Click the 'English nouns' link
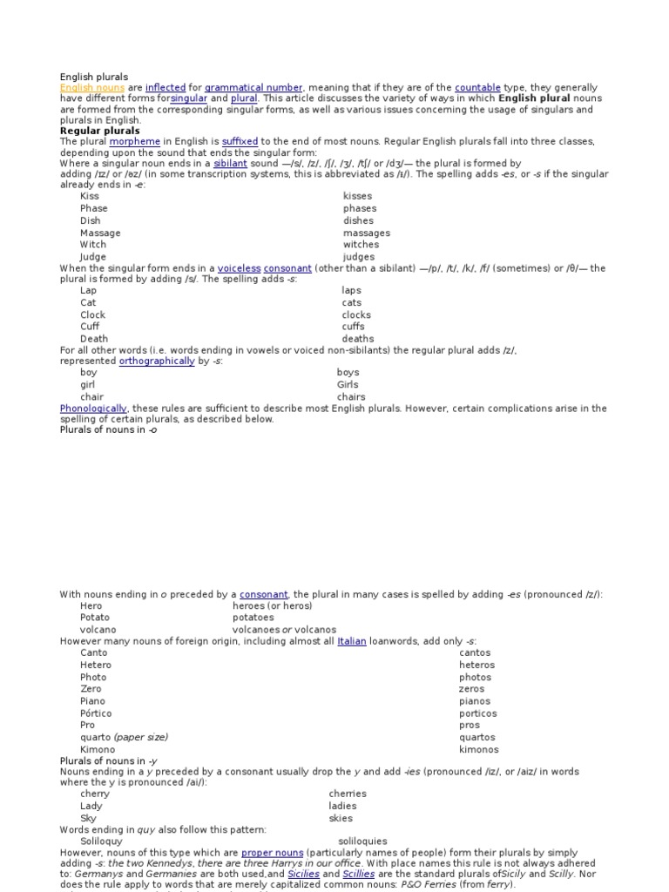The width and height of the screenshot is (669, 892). [x=91, y=88]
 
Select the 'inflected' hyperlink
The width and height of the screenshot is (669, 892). [x=166, y=88]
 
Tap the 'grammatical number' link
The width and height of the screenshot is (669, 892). [x=253, y=88]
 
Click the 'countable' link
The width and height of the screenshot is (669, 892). [x=477, y=88]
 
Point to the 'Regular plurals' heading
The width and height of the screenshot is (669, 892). [x=99, y=131]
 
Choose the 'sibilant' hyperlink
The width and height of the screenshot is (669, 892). [x=230, y=163]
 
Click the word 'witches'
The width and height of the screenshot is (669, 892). [x=361, y=245]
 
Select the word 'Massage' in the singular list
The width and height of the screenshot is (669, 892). [x=100, y=233]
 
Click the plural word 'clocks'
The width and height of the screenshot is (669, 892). [x=356, y=314]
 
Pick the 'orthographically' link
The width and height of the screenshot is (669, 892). [x=157, y=361]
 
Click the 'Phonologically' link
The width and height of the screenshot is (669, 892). [x=93, y=408]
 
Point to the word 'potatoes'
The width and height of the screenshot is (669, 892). [x=253, y=617]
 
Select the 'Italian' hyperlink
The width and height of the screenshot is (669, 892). [x=352, y=640]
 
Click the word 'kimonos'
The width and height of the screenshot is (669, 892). [x=479, y=749]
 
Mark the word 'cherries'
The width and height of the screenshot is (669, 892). [x=348, y=794]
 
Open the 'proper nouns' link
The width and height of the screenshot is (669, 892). [x=272, y=852]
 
